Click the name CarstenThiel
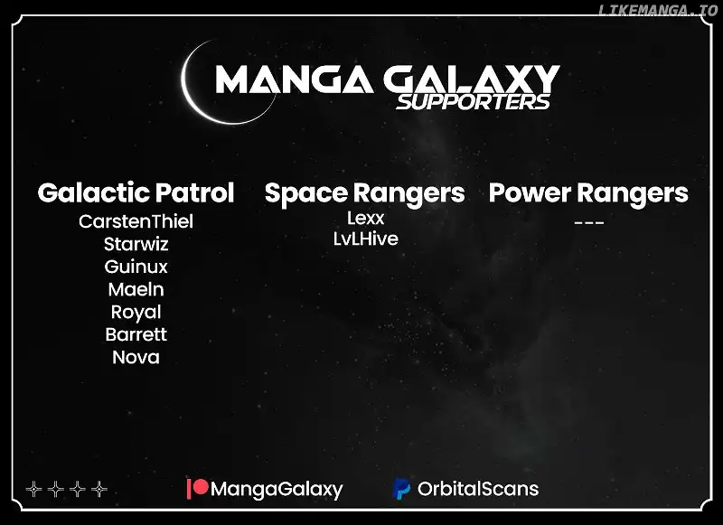click(136, 221)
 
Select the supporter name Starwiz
click(136, 244)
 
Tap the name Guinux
click(136, 267)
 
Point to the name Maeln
click(136, 289)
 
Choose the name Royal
click(136, 313)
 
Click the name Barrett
click(136, 334)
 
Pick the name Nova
click(136, 358)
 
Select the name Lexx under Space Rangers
click(366, 218)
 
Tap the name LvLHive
click(366, 239)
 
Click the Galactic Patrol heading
click(136, 192)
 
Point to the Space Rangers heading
click(365, 193)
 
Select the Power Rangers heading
click(588, 193)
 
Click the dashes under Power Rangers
click(589, 223)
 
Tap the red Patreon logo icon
click(198, 489)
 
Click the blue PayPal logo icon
click(401, 489)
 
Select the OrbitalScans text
click(478, 489)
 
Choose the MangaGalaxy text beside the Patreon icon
click(277, 490)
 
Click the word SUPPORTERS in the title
click(473, 102)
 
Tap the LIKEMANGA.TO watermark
click(658, 10)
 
